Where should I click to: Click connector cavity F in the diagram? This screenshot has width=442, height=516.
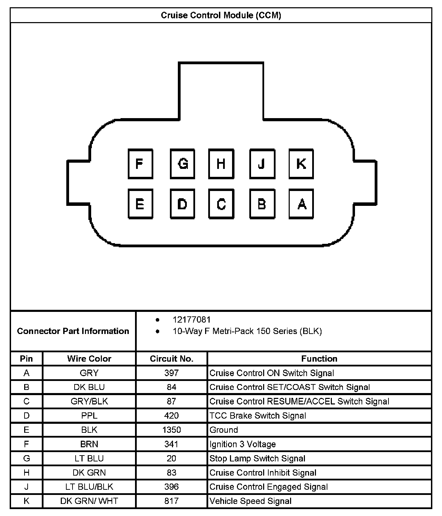click(140, 164)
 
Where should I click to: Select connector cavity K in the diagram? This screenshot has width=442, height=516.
click(301, 164)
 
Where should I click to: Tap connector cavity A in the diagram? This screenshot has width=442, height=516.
click(301, 204)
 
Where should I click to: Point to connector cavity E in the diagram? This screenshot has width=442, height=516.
click(140, 204)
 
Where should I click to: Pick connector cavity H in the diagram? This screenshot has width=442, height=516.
click(221, 164)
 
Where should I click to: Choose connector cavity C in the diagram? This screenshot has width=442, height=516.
click(221, 204)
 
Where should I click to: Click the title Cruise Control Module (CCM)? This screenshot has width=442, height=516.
click(221, 16)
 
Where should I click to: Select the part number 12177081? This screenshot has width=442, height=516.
click(192, 320)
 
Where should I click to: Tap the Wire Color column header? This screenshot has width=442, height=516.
click(89, 359)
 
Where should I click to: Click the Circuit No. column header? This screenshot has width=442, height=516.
click(172, 359)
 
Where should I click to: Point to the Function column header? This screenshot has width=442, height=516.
click(319, 359)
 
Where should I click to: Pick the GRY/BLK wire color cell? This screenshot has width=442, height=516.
click(89, 401)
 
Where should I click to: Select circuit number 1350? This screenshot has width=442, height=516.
click(172, 430)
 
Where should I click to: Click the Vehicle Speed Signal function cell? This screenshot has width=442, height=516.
click(251, 501)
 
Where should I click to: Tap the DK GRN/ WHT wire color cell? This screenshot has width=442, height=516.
click(89, 501)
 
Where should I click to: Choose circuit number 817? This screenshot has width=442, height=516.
click(172, 501)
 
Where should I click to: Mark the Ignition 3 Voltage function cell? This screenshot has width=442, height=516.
click(243, 444)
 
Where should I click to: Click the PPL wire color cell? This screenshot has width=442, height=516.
click(89, 415)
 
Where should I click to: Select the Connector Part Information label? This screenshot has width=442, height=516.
click(73, 331)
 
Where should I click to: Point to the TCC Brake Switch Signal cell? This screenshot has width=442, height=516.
click(258, 415)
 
